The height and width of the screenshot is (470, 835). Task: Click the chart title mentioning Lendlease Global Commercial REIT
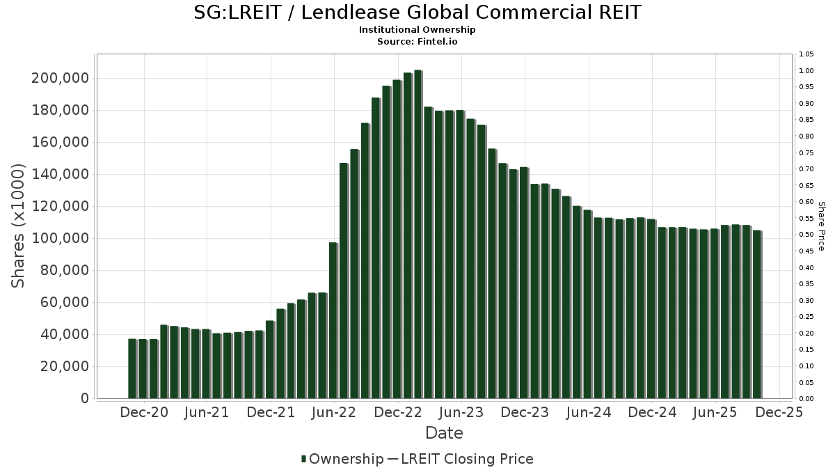417,13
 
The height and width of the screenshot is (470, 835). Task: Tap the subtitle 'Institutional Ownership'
417,30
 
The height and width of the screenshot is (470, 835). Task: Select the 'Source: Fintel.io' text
417,41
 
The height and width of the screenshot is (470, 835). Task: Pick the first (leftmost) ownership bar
132,368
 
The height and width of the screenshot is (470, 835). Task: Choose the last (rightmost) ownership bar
756,314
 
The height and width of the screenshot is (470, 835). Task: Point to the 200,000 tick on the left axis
61,78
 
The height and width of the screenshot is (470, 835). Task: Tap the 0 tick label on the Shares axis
85,398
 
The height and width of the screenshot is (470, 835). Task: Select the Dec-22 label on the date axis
398,412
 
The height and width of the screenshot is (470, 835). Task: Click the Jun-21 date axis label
207,412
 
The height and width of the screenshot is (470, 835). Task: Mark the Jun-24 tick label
589,412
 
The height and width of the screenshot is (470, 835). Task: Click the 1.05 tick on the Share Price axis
806,54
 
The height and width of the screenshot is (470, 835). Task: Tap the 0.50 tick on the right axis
806,235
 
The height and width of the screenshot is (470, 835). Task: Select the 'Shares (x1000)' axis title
18,226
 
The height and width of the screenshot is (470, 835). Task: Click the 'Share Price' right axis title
822,226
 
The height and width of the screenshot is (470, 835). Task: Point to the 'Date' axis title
444,433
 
